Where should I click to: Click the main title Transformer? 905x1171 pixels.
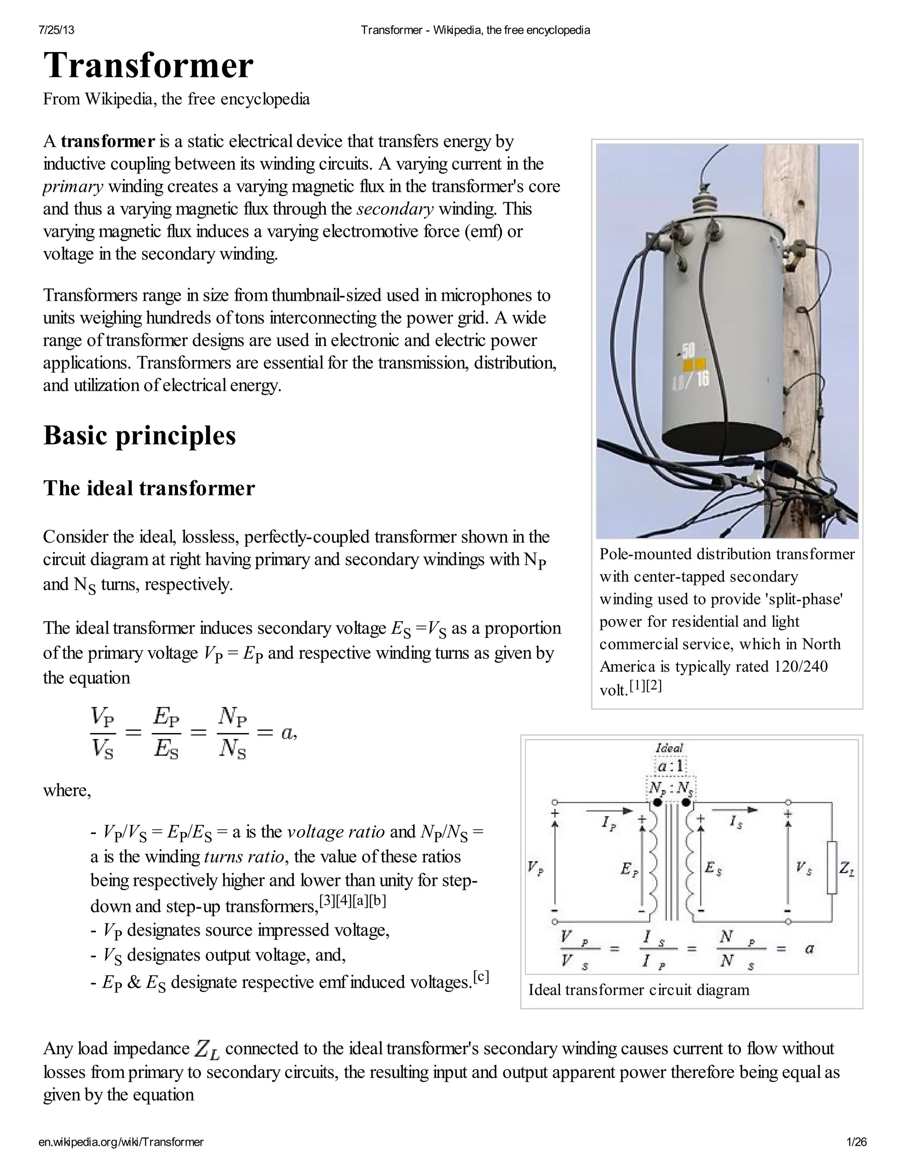(x=148, y=66)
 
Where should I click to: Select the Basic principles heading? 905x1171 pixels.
(x=139, y=435)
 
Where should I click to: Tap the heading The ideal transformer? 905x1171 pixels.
(x=149, y=488)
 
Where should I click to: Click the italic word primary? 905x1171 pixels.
(x=73, y=186)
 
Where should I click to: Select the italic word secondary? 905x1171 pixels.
(x=395, y=209)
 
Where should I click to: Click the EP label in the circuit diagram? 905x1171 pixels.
(x=629, y=869)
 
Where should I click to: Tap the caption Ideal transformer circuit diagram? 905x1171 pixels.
(x=639, y=989)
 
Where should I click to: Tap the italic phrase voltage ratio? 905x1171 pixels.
(x=336, y=832)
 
